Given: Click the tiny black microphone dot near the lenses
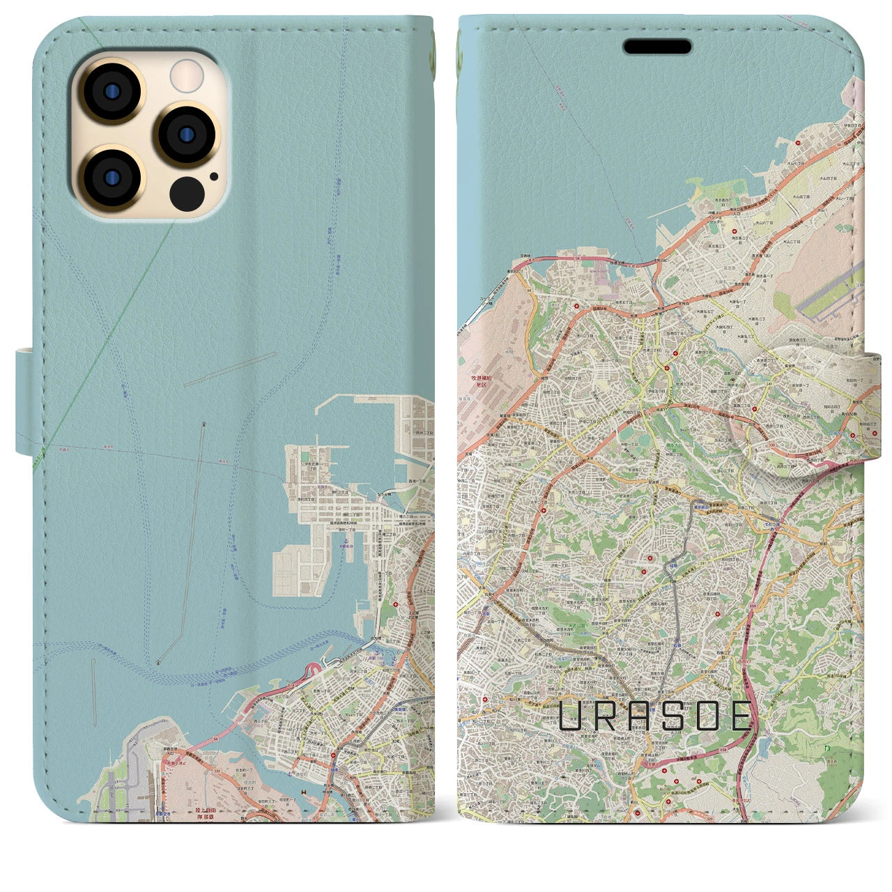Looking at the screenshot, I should coord(213,176).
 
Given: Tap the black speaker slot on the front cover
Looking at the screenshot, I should coord(657,47).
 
